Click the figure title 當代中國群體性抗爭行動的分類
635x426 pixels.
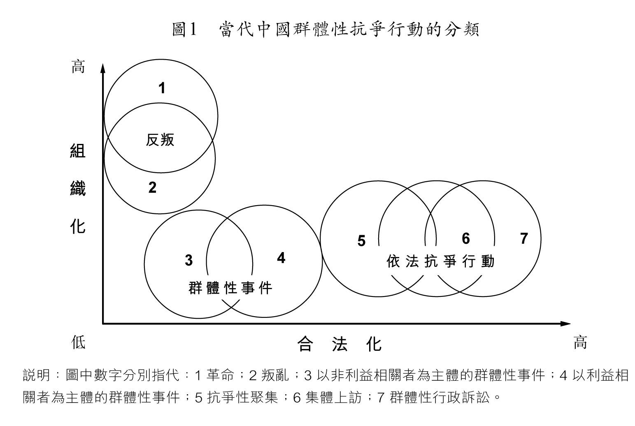(x=349, y=30)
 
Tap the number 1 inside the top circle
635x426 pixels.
(x=162, y=88)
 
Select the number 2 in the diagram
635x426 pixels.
(x=152, y=187)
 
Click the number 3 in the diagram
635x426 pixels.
(x=189, y=260)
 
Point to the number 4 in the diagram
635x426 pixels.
(x=281, y=258)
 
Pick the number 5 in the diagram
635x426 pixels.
(x=361, y=241)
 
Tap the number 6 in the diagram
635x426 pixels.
(x=466, y=238)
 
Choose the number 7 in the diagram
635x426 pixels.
(x=524, y=238)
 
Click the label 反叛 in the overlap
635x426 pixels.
(x=160, y=140)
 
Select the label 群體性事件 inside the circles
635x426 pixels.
(x=230, y=288)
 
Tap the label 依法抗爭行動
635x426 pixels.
(x=440, y=261)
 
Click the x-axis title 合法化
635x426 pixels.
(x=340, y=344)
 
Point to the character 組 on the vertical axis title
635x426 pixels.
(x=78, y=150)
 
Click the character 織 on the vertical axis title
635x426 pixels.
(x=78, y=189)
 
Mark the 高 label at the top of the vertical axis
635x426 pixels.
(x=78, y=67)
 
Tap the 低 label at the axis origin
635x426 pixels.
(x=78, y=342)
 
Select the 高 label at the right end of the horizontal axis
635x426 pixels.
(x=580, y=342)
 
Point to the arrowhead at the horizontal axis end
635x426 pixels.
(x=565, y=324)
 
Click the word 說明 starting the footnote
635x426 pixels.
(x=37, y=375)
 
